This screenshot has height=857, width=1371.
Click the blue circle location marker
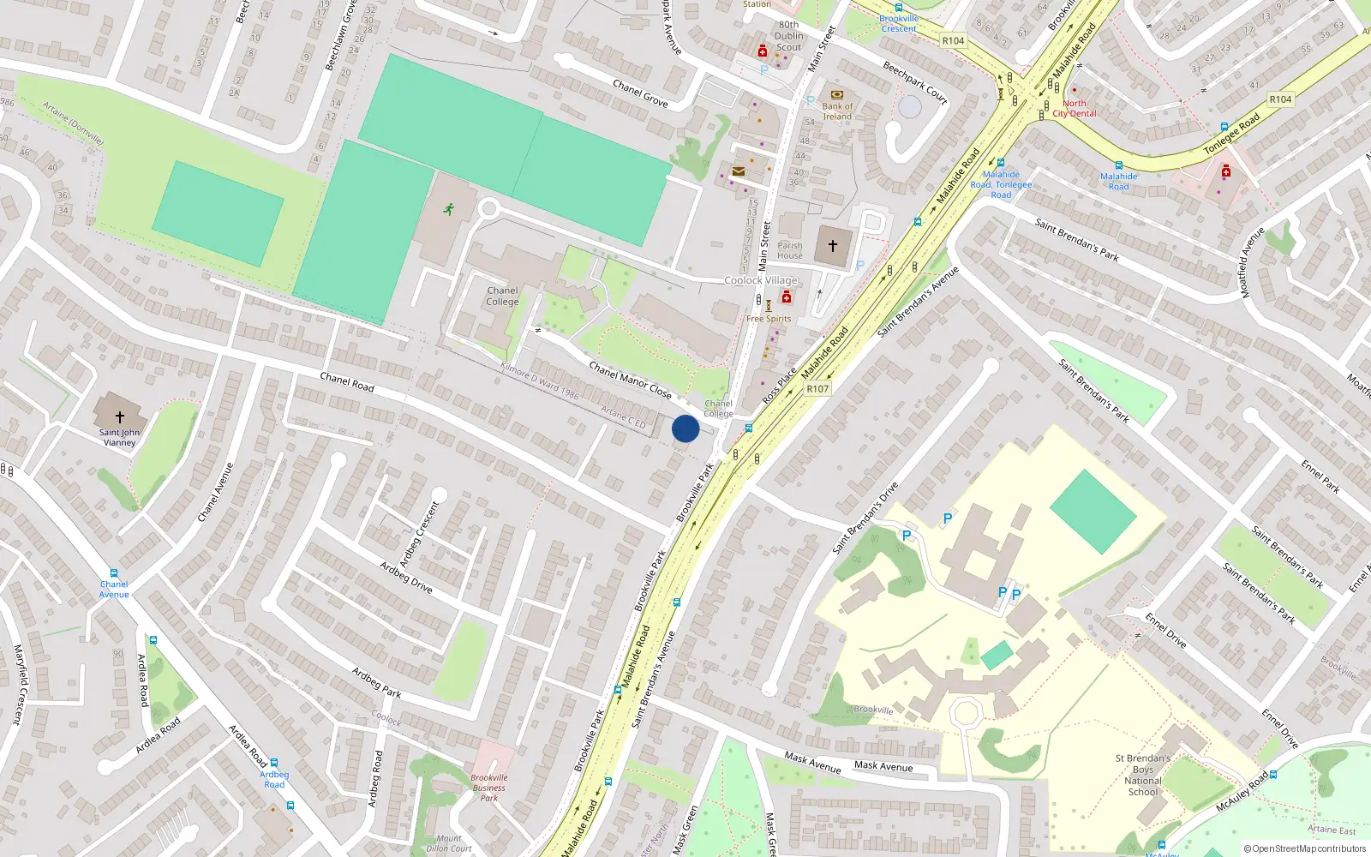tap(685, 428)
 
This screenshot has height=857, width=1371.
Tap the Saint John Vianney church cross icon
tap(120, 417)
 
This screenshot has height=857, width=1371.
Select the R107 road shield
tap(817, 389)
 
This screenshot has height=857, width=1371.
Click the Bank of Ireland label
tap(837, 111)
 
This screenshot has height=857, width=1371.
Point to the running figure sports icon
tap(448, 208)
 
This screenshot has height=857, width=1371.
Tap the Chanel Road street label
tap(347, 382)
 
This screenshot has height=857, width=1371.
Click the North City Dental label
tap(1075, 108)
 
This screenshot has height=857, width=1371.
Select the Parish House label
tap(790, 250)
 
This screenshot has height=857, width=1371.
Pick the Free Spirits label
tap(769, 319)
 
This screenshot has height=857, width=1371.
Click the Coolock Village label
tap(761, 280)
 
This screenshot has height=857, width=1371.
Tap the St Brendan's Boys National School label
tap(1143, 775)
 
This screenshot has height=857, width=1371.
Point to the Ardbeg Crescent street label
tap(419, 533)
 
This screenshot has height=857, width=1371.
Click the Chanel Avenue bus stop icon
tap(113, 573)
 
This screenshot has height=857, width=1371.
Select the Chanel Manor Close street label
tap(630, 380)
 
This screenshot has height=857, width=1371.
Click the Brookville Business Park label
tap(489, 788)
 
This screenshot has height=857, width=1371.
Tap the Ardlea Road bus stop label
tap(274, 779)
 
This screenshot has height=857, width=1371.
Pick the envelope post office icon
tap(738, 171)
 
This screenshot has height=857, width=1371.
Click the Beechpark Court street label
tap(915, 83)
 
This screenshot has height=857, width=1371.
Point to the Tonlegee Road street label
tap(1232, 134)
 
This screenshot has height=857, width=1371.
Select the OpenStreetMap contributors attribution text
tap(1305, 849)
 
